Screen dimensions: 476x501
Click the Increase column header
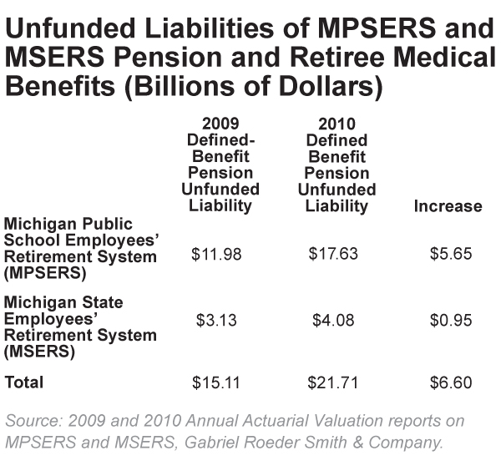pyautogui.click(x=448, y=205)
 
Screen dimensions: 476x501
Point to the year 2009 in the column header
pyautogui.click(x=220, y=124)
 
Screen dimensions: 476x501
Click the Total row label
pyautogui.click(x=24, y=382)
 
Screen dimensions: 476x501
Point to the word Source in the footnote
pyautogui.click(x=32, y=421)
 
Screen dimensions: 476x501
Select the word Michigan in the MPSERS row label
pyautogui.click(x=37, y=224)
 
